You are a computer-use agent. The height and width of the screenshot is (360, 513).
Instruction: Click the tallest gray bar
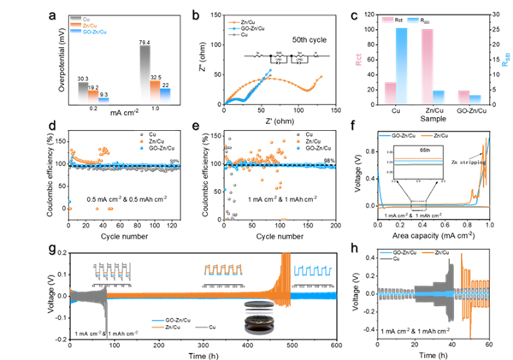click(144, 74)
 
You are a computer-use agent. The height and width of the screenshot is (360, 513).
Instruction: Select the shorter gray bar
click(83, 93)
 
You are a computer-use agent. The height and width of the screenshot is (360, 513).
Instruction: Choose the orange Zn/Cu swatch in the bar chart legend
click(74, 25)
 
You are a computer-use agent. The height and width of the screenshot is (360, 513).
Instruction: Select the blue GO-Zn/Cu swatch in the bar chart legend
click(74, 31)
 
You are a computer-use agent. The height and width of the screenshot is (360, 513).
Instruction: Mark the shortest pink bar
click(463, 97)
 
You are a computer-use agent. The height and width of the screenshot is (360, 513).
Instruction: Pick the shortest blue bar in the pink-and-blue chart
click(475, 99)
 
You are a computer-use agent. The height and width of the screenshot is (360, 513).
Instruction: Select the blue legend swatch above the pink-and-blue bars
click(413, 20)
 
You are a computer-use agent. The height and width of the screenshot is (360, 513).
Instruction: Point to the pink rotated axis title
click(358, 59)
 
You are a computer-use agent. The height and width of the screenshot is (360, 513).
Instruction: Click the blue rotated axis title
click(506, 59)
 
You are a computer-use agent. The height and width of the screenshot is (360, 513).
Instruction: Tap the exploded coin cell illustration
click(258, 316)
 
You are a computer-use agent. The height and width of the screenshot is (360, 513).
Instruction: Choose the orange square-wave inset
click(223, 269)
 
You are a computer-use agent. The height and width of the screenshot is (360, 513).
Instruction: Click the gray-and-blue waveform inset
click(113, 270)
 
